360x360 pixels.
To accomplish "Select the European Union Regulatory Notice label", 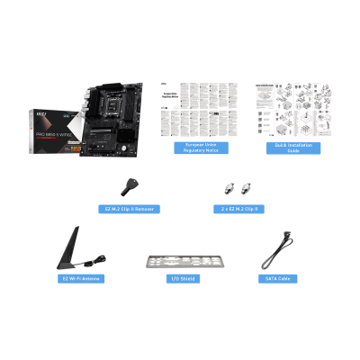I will click(201, 148).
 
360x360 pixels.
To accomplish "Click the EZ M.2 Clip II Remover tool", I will click(129, 186).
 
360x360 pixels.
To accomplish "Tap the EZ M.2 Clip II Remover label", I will click(129, 209).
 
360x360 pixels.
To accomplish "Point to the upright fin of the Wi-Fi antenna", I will click(72, 246).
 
